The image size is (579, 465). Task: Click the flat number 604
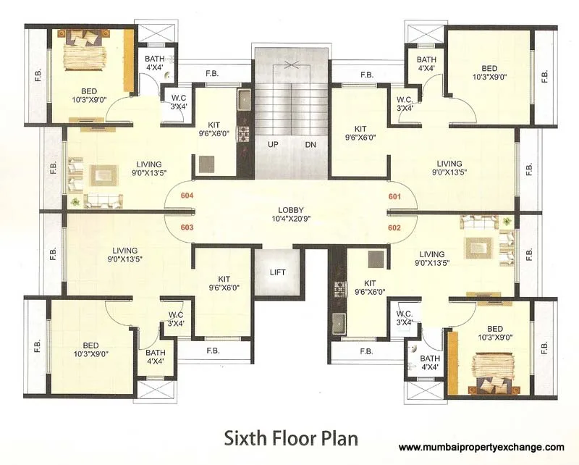coord(187,196)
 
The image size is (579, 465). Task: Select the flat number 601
coord(394,196)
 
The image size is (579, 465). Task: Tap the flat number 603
coord(187,227)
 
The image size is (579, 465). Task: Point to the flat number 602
coord(394,227)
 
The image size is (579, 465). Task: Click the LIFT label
coord(277,272)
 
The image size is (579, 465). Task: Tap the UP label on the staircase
coord(274,145)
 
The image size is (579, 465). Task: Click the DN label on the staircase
coord(310,145)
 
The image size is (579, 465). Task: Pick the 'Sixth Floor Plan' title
coord(290,438)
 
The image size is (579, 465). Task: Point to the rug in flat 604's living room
coord(101,174)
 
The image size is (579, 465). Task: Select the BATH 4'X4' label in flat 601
coord(426,64)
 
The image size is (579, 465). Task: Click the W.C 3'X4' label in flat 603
coord(176,319)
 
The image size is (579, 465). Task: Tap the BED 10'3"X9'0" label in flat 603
coord(91,349)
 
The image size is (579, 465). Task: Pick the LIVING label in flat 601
coord(449,168)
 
